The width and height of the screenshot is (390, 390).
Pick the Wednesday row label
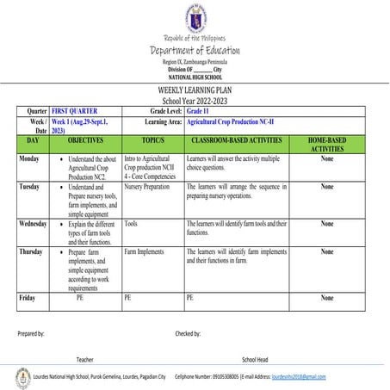point(33,224)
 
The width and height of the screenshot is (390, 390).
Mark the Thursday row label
point(32,252)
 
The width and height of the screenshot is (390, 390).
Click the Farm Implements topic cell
point(144,252)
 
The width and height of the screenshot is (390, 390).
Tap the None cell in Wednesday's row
point(326,224)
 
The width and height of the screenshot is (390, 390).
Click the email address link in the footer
point(299,377)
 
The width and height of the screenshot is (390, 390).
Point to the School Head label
point(255,359)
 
